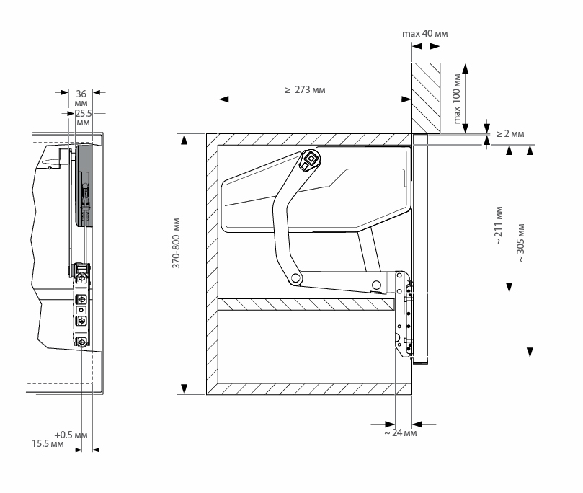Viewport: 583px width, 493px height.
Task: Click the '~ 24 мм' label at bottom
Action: tap(399, 433)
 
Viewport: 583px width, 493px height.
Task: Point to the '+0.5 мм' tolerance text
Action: tap(71, 435)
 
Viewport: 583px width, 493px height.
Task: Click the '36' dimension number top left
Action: tap(81, 92)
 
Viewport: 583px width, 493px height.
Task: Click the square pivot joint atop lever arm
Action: tap(309, 160)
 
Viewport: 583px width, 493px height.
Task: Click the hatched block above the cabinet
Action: tap(426, 97)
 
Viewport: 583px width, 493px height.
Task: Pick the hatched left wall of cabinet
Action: tap(212, 264)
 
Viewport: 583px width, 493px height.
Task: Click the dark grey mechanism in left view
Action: tap(84, 184)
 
